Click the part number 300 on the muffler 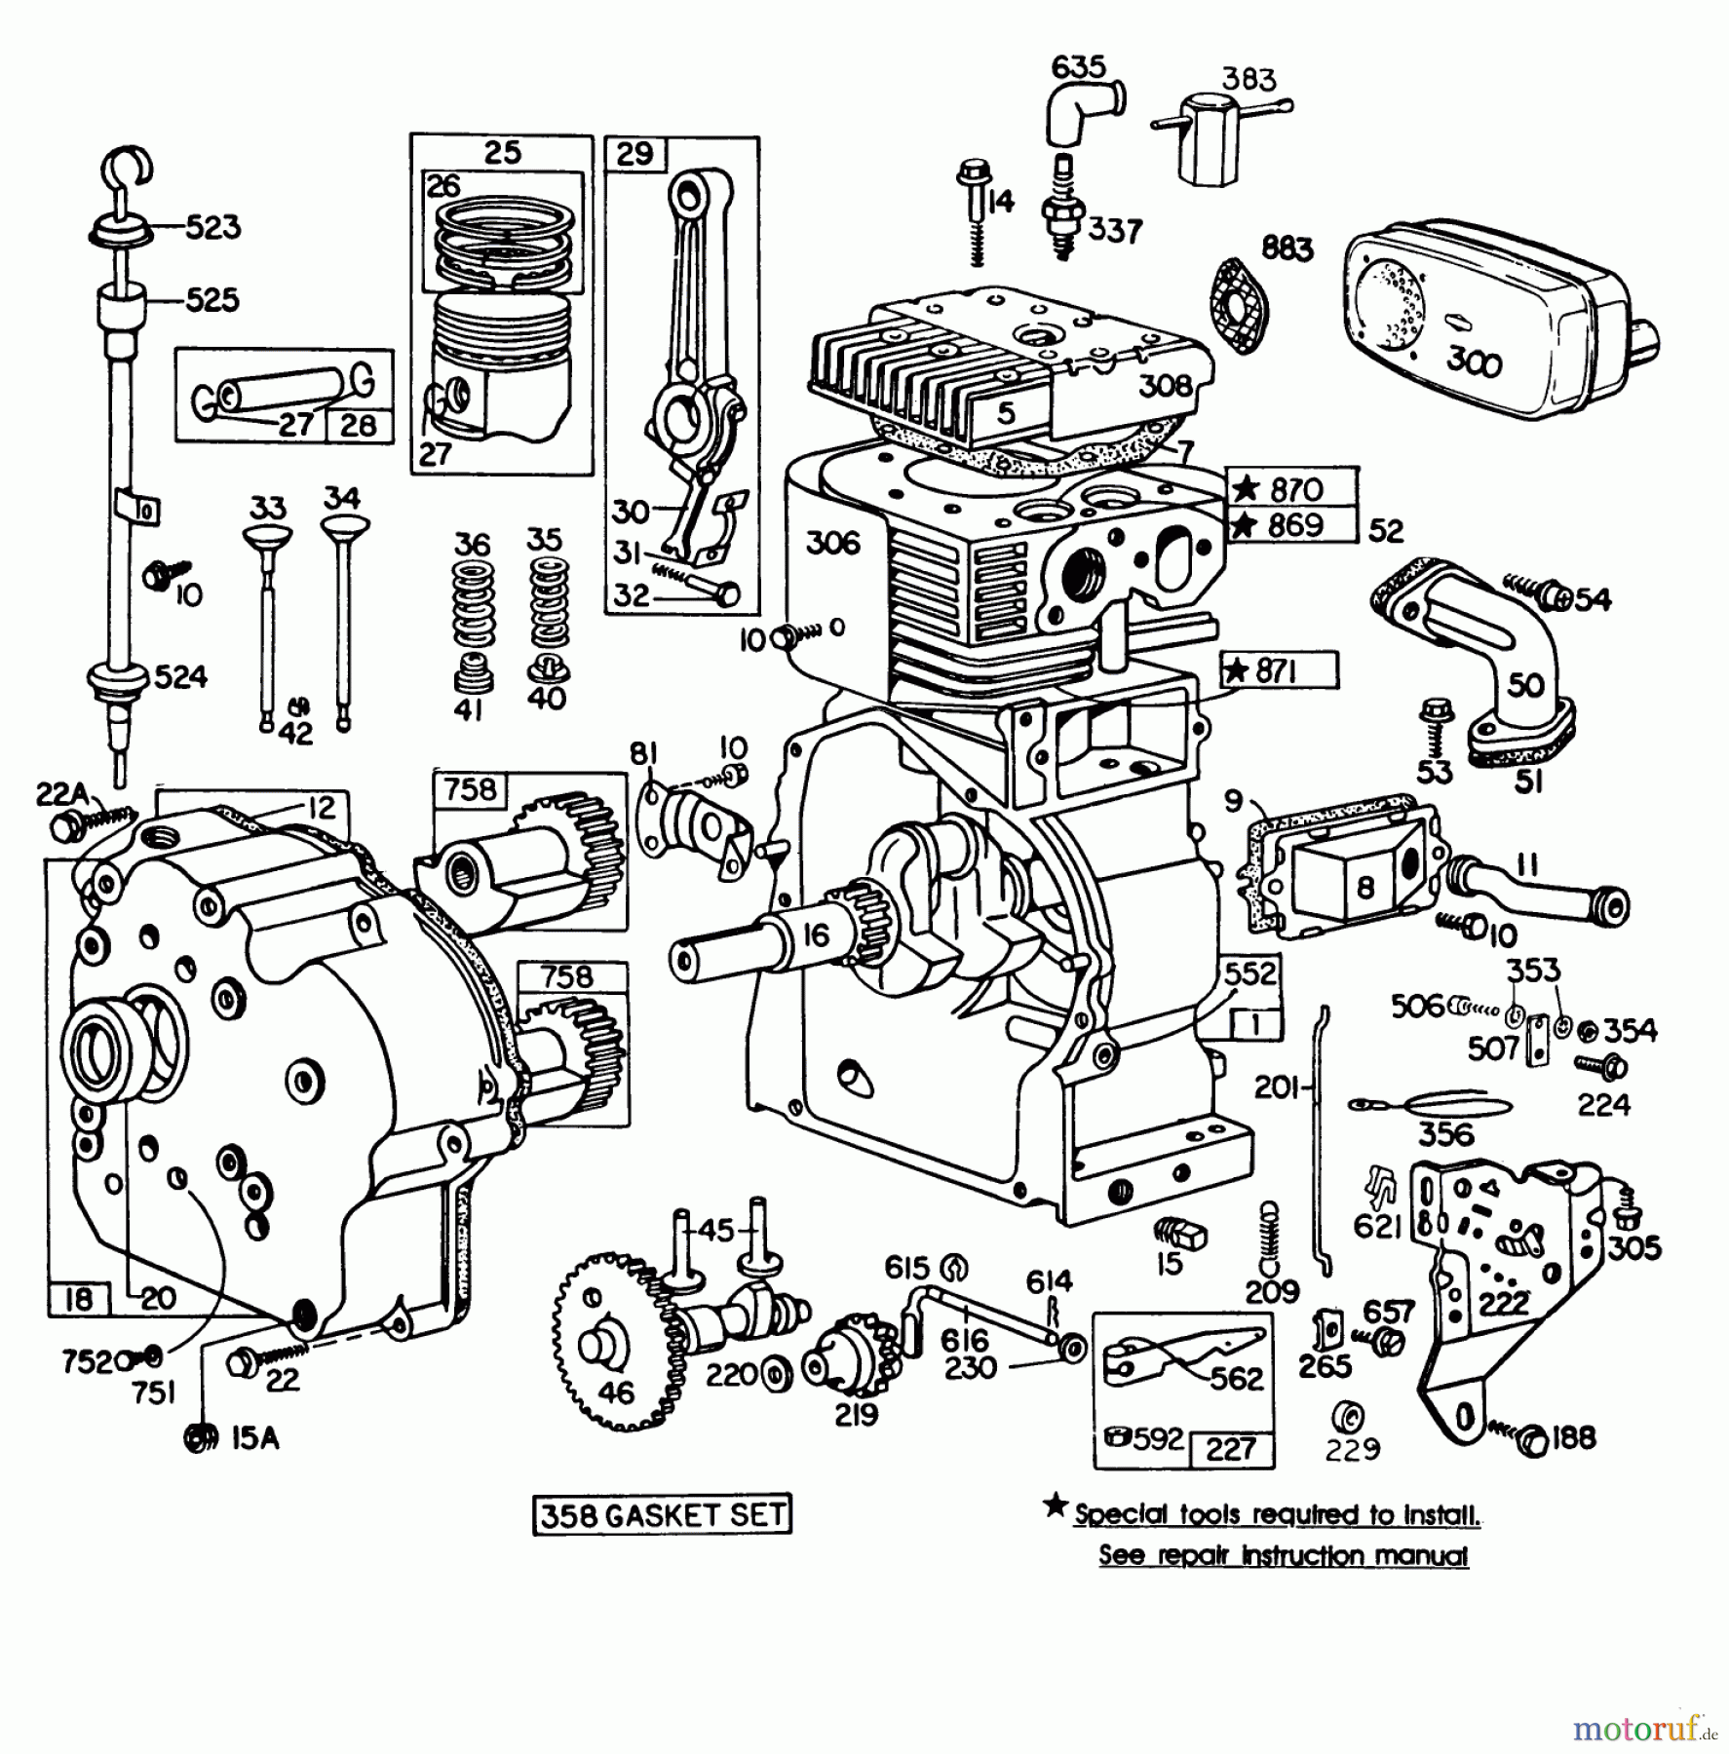point(1474,362)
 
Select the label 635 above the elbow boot point(1078,67)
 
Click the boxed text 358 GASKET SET point(662,1514)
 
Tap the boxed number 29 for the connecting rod point(634,154)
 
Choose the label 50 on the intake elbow point(1525,684)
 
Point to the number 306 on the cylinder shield point(834,542)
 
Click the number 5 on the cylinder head point(1007,412)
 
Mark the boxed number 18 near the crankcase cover point(78,1298)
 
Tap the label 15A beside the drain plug point(255,1438)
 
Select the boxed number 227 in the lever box point(1231,1449)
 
